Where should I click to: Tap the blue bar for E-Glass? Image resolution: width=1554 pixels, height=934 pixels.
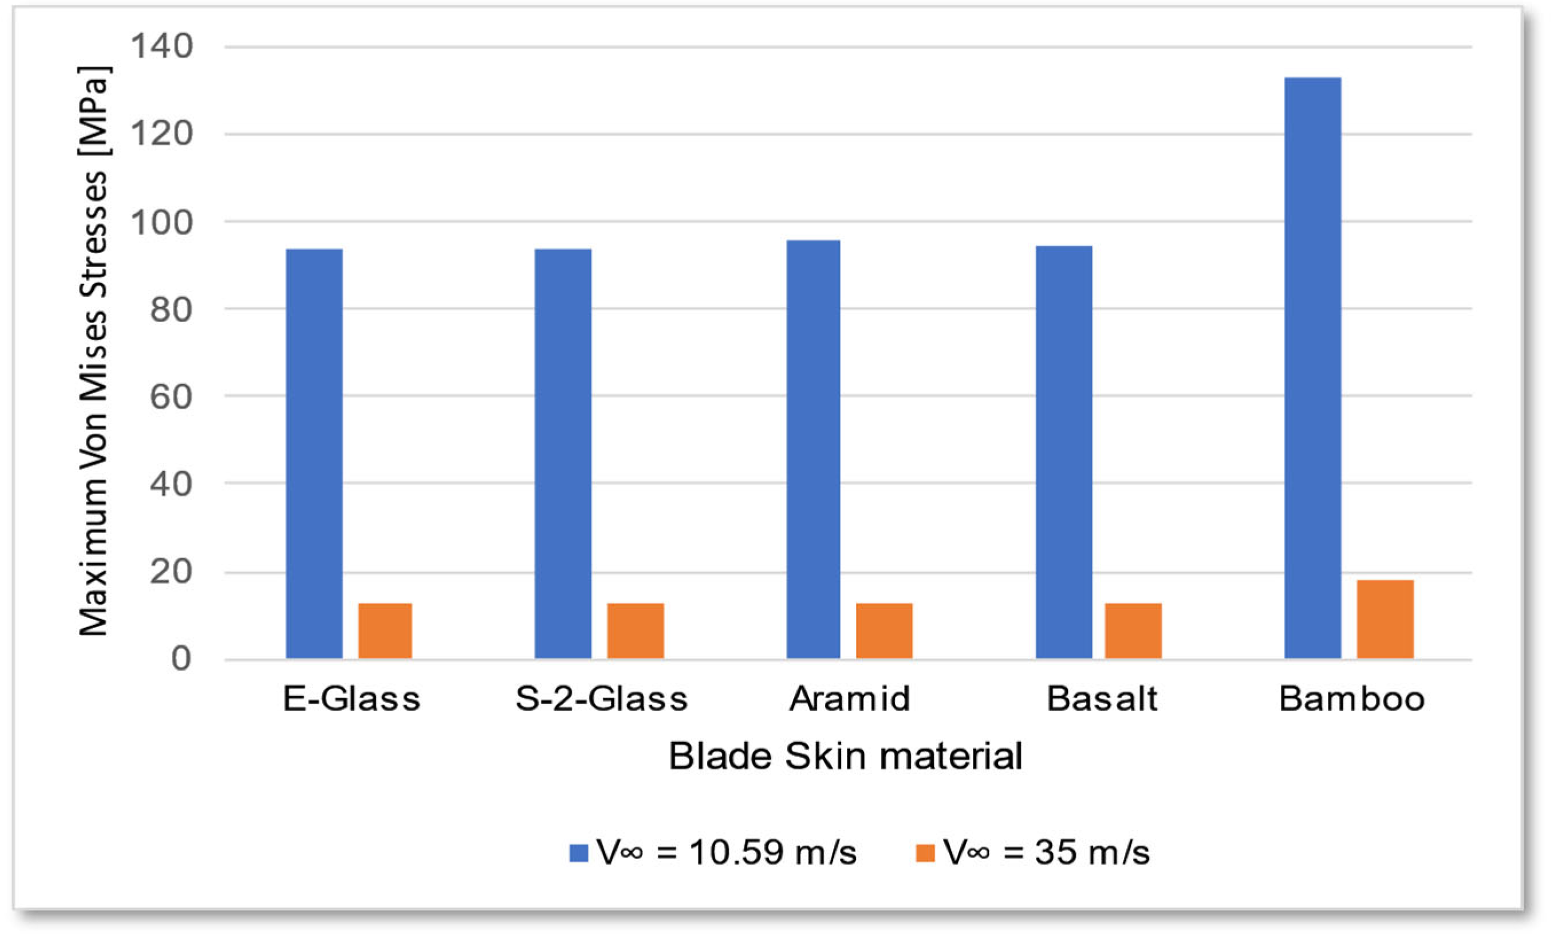point(314,454)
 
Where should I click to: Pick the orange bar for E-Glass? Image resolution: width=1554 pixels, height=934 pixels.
point(385,630)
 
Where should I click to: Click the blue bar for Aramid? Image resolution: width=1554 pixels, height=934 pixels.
point(813,450)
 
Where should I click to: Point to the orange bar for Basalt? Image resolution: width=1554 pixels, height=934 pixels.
point(1133,630)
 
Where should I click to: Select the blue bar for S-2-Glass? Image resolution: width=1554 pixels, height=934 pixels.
point(562,454)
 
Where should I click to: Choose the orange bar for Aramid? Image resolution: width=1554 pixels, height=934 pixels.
point(884,630)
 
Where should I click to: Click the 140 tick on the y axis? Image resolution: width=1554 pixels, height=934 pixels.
point(161,46)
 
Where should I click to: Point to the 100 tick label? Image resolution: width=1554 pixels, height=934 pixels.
point(161,222)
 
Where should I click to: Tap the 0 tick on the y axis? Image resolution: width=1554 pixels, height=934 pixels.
point(181,659)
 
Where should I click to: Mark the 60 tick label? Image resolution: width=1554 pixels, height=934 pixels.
point(171,397)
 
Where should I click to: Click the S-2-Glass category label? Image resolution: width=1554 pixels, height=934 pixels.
point(601,699)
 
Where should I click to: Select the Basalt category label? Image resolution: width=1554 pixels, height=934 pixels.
point(1102,699)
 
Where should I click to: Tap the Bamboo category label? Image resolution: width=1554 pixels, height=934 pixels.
point(1351,699)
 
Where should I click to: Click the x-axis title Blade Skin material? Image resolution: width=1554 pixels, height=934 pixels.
point(845,756)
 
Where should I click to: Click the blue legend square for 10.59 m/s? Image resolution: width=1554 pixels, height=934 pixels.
point(578,853)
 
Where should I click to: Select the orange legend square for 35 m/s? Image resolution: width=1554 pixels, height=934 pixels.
point(925,853)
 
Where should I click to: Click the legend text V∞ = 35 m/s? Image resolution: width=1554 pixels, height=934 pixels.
point(1046,853)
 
